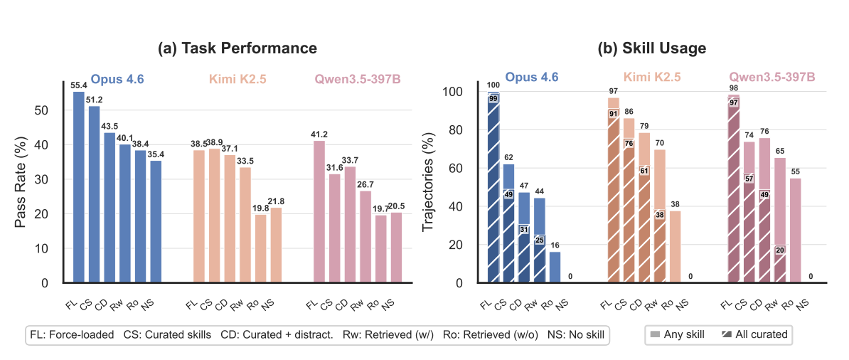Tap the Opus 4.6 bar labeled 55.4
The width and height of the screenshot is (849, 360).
pos(79,187)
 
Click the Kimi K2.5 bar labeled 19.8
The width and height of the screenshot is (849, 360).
pos(260,248)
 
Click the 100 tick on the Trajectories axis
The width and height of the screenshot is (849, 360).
pos(452,92)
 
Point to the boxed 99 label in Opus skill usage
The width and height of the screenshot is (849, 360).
pos(493,98)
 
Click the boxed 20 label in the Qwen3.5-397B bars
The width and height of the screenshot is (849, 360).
pos(780,250)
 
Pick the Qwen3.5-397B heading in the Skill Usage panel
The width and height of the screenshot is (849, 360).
pos(771,76)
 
